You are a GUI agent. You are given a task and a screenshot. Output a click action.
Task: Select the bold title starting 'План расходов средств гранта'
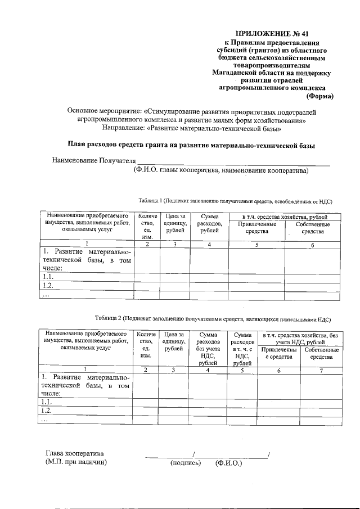(x=191, y=146)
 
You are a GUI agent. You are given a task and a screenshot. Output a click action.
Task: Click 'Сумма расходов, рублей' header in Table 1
(x=209, y=223)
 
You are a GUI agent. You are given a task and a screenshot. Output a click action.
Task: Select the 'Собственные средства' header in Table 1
(x=313, y=228)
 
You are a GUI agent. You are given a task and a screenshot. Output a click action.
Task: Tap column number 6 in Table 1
(x=312, y=244)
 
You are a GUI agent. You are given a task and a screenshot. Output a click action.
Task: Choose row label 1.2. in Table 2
(x=47, y=411)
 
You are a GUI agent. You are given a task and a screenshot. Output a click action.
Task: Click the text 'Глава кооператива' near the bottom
(x=74, y=454)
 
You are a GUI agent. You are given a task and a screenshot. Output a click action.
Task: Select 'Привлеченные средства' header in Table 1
(x=256, y=228)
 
